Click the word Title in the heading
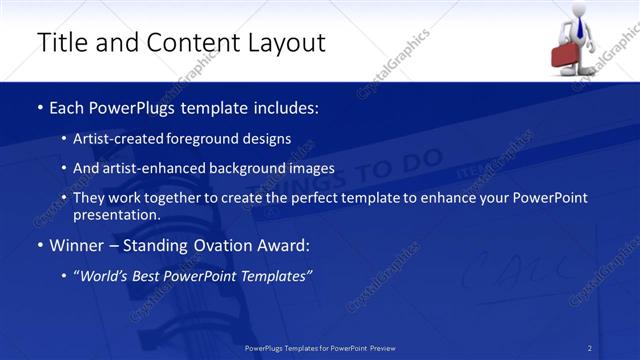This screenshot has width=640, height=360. (x=62, y=42)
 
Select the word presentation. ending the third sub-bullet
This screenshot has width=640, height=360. (x=116, y=215)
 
